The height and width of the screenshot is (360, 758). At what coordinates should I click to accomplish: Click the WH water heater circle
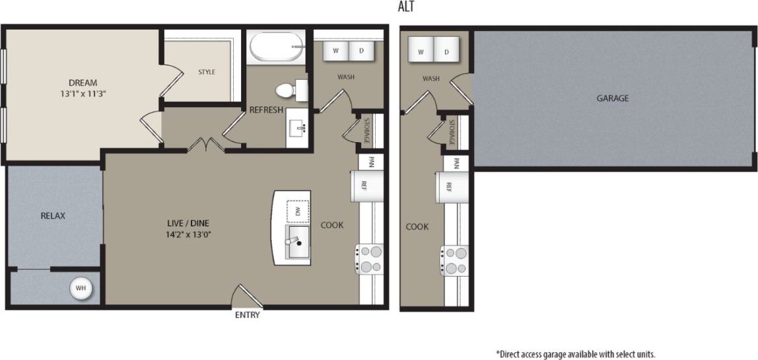81,288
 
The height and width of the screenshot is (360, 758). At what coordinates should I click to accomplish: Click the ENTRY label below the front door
248,315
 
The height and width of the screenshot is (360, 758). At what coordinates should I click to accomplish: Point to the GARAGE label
612,98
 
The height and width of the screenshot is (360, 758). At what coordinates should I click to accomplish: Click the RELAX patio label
53,215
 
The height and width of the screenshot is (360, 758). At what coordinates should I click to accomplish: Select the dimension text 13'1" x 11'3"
83,94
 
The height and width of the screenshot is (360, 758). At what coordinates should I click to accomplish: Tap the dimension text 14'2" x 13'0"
188,234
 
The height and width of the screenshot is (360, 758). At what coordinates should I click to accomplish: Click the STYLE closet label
207,72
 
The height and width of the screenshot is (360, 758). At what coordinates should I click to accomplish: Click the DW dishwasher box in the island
298,211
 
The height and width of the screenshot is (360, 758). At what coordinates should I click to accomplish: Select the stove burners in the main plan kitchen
370,259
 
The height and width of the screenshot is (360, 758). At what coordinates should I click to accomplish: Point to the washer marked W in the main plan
335,50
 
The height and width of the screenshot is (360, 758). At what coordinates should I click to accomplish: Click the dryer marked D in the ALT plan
446,52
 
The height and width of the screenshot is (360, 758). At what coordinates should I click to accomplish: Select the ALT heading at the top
407,7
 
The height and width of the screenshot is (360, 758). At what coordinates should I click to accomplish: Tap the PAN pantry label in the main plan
371,161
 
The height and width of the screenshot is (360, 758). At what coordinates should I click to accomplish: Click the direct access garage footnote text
575,353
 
